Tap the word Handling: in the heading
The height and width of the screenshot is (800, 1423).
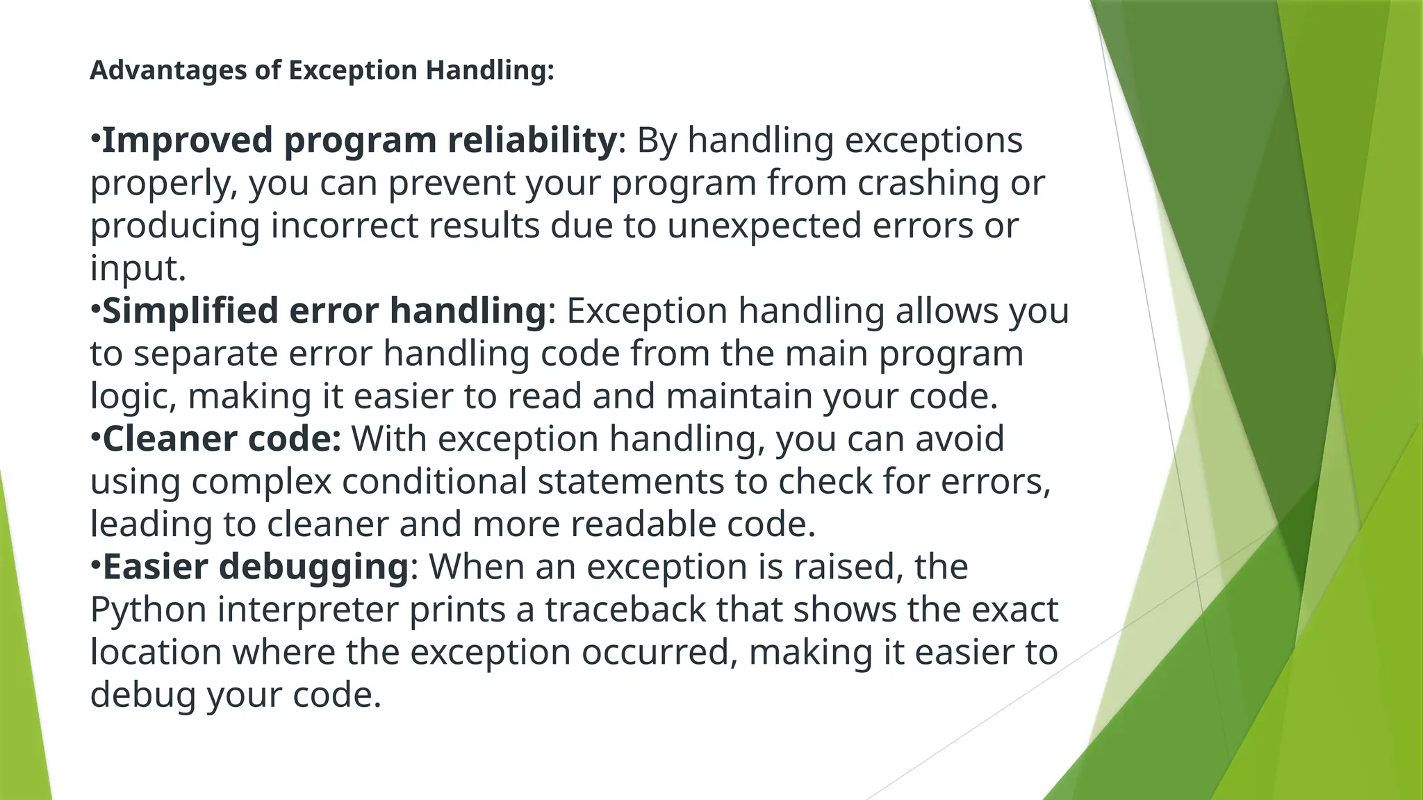pyautogui.click(x=490, y=70)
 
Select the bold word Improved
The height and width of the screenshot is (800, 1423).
pyautogui.click(x=187, y=140)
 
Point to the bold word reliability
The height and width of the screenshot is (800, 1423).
pyautogui.click(x=532, y=140)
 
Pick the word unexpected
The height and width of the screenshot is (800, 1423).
pyautogui.click(x=764, y=226)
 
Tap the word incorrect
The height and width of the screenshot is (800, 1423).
pyautogui.click(x=345, y=226)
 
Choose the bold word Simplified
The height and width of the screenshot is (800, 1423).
pyautogui.click(x=190, y=310)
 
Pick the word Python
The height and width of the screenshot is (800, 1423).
pyautogui.click(x=149, y=610)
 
